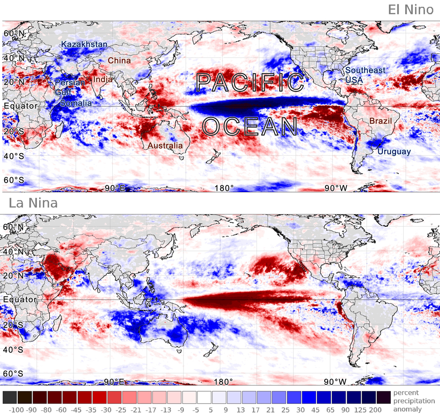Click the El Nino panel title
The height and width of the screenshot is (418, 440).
[411, 10]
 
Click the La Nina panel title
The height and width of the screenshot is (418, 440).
[33, 203]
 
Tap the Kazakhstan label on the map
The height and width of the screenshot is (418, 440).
[84, 44]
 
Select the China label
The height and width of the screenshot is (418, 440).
[119, 61]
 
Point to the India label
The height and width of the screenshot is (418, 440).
[103, 80]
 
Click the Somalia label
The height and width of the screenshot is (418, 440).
[76, 103]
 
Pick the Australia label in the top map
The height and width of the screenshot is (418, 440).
[165, 145]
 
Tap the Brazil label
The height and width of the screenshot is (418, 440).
[381, 121]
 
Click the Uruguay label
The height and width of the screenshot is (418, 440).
[394, 152]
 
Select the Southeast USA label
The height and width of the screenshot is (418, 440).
[365, 75]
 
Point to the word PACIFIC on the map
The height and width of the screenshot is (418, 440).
[250, 82]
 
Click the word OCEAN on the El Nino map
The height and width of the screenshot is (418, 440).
[250, 127]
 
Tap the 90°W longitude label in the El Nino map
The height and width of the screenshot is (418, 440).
[336, 188]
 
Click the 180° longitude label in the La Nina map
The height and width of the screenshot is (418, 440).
[224, 382]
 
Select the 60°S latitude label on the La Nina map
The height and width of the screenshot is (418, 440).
[13, 374]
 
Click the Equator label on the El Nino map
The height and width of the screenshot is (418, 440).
[21, 106]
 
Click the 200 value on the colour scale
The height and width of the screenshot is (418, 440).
[375, 410]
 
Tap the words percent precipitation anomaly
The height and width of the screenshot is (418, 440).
[414, 401]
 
